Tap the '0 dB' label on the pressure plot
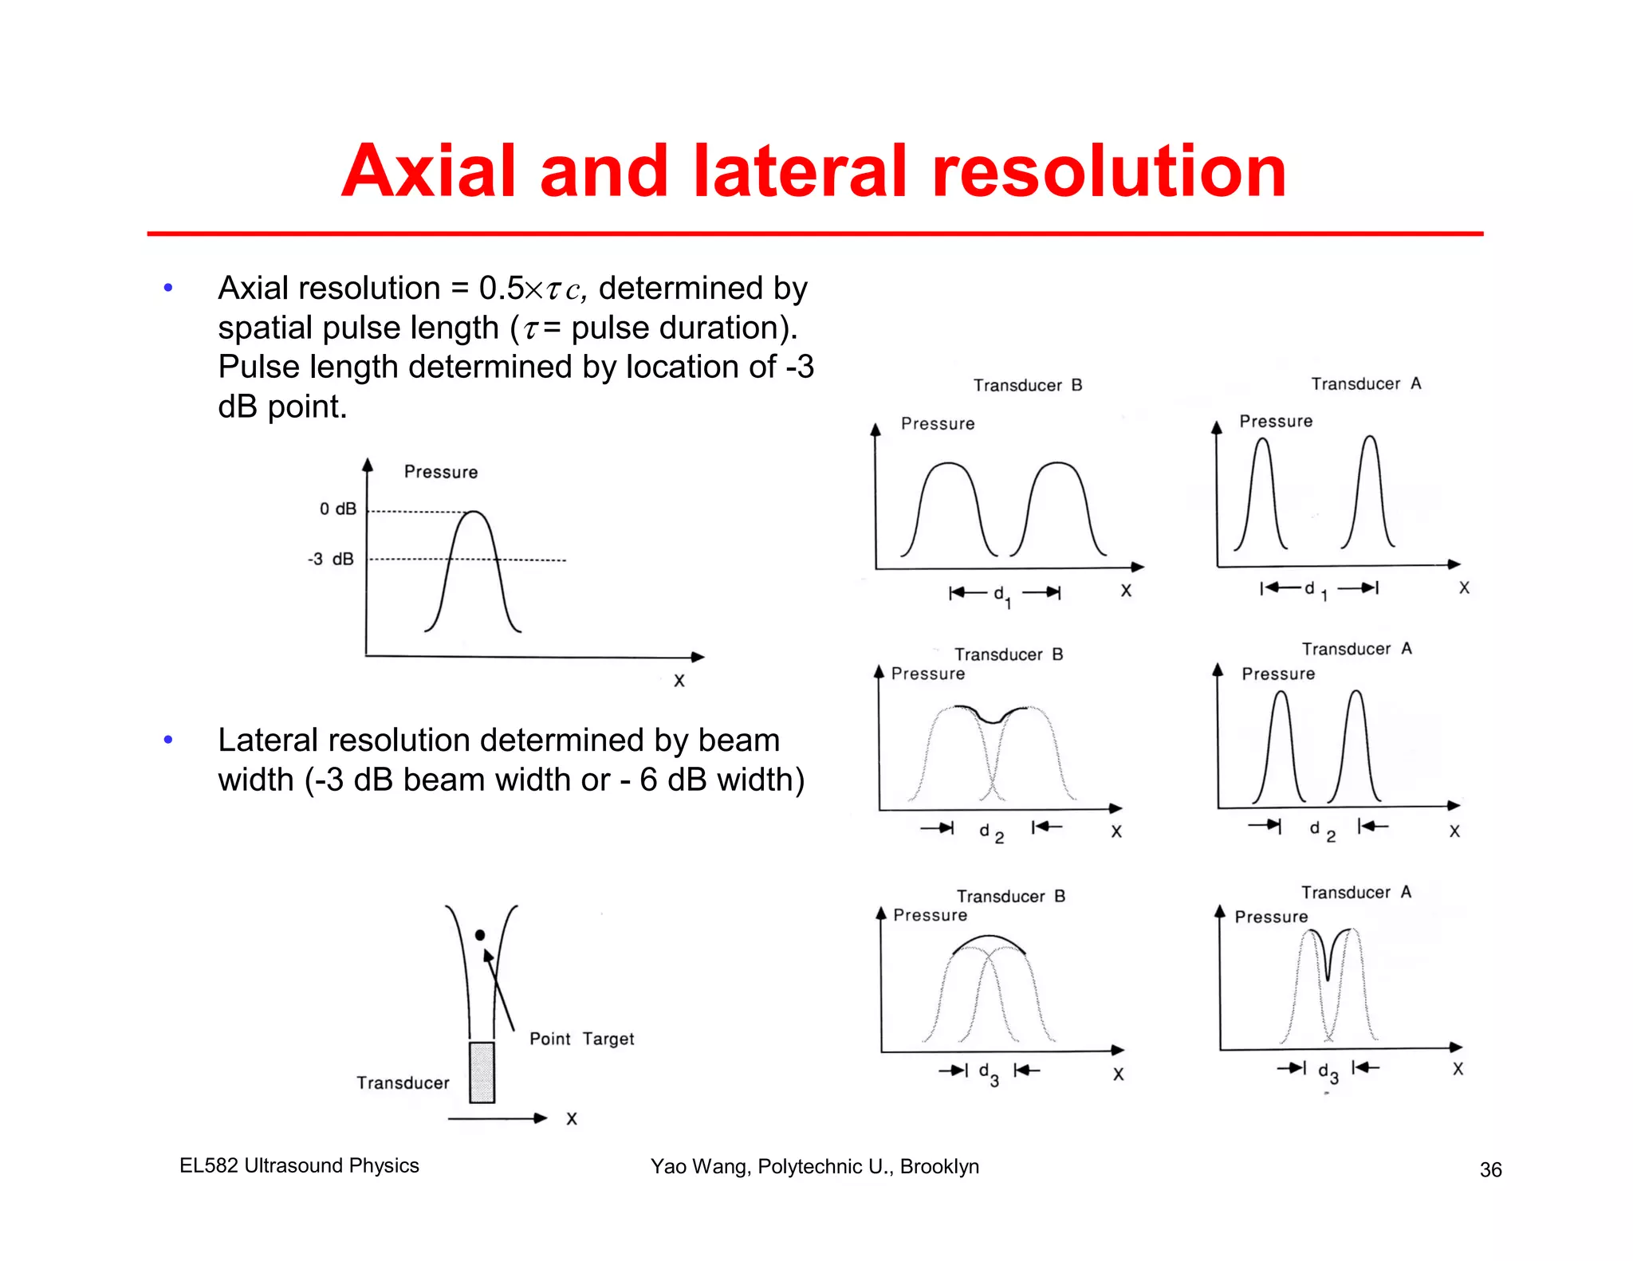[x=337, y=509]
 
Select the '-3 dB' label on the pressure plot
[x=330, y=559]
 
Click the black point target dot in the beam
[x=480, y=935]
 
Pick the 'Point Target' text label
[x=581, y=1039]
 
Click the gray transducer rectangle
[x=482, y=1072]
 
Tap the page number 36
[x=1490, y=1169]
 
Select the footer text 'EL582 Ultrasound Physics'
[x=299, y=1165]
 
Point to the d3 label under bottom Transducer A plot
[x=1328, y=1072]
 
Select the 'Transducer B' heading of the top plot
[x=1027, y=385]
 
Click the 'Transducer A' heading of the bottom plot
[x=1356, y=892]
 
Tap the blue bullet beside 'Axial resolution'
[x=168, y=288]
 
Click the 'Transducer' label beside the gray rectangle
[x=403, y=1082]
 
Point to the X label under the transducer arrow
[x=572, y=1118]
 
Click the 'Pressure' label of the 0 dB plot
[x=440, y=472]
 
